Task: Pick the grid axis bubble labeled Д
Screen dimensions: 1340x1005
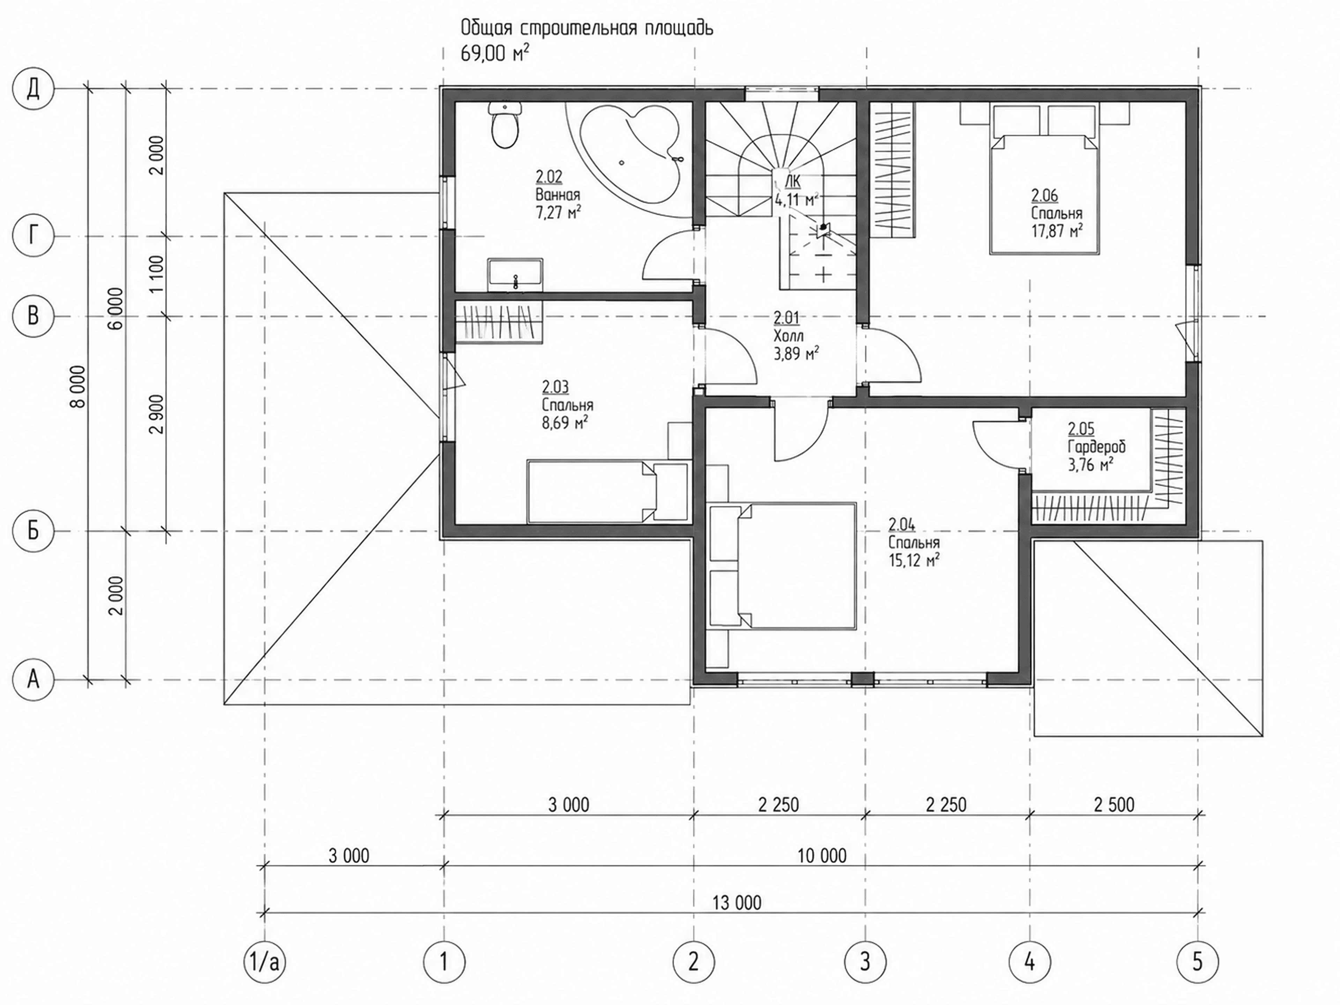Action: [x=33, y=89]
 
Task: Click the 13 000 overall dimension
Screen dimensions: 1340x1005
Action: [x=737, y=903]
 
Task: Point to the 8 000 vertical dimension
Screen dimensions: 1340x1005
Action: [x=79, y=387]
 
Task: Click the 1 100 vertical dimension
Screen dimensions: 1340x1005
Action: [x=156, y=274]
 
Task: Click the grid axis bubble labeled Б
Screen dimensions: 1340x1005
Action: [x=33, y=531]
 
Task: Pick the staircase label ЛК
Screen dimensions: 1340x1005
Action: [x=792, y=181]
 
